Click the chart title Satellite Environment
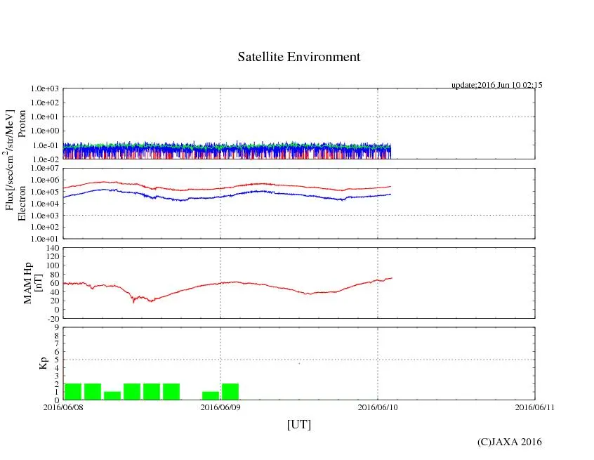299,57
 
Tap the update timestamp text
496,85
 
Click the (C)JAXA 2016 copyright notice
509,442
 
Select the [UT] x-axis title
299,424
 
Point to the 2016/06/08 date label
63,407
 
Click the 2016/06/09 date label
220,407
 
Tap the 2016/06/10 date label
378,407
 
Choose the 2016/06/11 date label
534,407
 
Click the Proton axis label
21,124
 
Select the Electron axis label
21,203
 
